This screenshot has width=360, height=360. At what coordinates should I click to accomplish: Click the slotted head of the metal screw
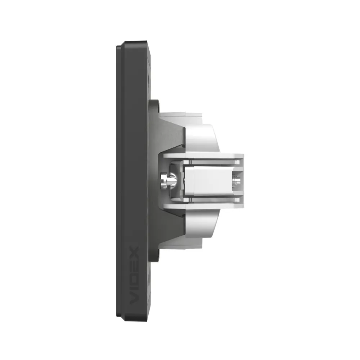click(163, 180)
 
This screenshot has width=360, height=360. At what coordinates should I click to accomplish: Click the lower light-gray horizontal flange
click(203, 204)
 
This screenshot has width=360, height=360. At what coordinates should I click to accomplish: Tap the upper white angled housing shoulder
click(202, 139)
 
